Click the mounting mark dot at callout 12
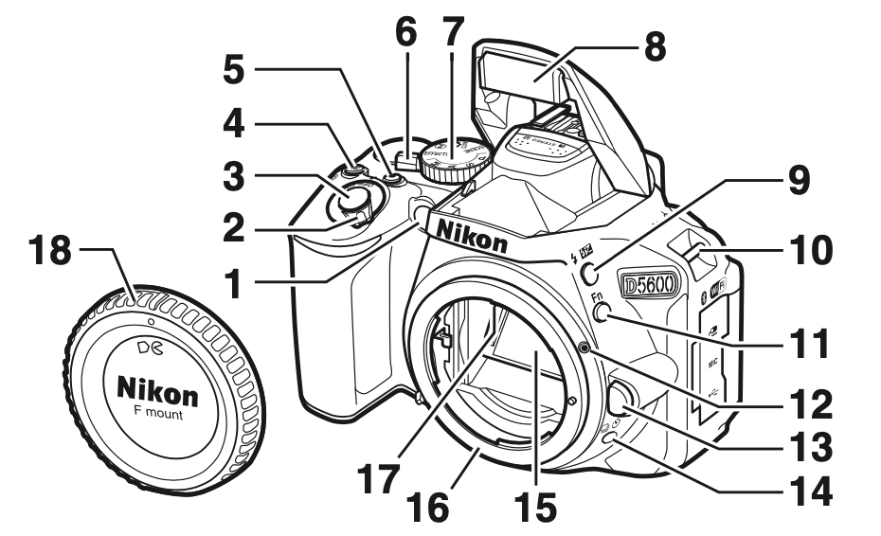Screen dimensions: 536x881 click(x=587, y=349)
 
